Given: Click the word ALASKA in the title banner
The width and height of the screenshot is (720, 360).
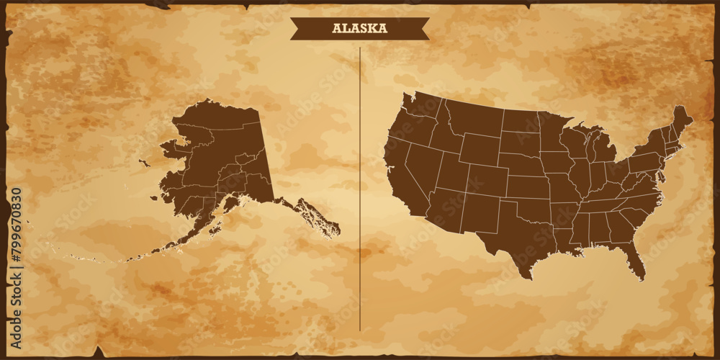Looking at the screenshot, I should tap(359, 29).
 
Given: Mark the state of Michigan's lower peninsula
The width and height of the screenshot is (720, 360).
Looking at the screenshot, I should tap(605, 149).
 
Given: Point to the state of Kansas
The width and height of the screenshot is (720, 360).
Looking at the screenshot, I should tap(529, 187).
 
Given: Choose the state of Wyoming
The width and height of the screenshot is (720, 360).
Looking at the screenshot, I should tap(479, 149).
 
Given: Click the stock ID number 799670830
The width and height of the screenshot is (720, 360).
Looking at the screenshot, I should tap(17, 238).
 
